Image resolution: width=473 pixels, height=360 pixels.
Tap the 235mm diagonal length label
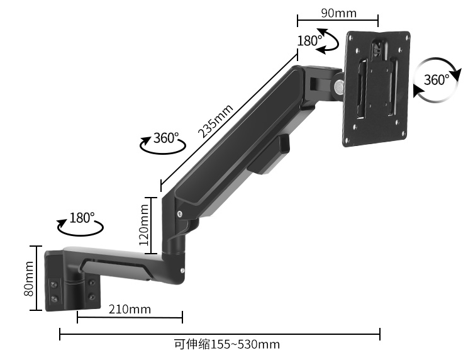pyautogui.click(x=215, y=121)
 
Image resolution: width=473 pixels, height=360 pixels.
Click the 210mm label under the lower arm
pyautogui.click(x=130, y=309)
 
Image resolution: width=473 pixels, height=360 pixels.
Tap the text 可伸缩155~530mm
pyautogui.click(x=226, y=344)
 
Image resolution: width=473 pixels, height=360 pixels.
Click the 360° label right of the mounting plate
pyautogui.click(x=436, y=80)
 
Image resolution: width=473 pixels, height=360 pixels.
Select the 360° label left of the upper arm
pyautogui.click(x=166, y=138)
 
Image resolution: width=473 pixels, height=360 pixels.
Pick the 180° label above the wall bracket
pyautogui.click(x=82, y=218)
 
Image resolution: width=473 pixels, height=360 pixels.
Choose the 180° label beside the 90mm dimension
pyautogui.click(x=309, y=41)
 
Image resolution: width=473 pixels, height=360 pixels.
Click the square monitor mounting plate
pyautogui.click(x=377, y=88)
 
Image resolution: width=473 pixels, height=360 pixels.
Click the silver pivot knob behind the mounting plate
pyautogui.click(x=339, y=86)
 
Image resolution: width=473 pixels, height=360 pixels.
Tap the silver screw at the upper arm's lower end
pyautogui.click(x=181, y=214)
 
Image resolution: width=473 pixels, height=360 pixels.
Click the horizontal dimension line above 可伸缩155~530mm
pyautogui.click(x=220, y=334)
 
